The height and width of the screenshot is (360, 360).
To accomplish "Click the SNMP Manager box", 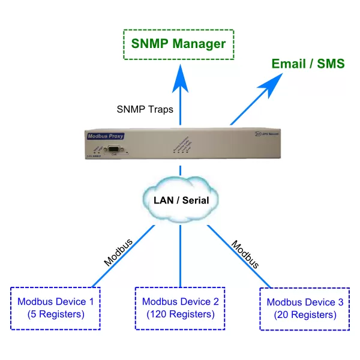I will [x=179, y=44].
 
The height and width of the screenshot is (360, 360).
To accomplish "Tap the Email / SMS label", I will [x=308, y=64].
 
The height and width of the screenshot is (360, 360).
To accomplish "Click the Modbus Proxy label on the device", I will [x=104, y=136].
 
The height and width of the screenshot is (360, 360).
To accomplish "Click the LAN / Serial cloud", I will [x=179, y=199].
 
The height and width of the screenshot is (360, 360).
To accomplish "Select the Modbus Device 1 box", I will [x=56, y=307].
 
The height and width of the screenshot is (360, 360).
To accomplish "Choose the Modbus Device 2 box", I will [x=181, y=307].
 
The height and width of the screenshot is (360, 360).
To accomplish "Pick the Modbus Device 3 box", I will [x=305, y=308].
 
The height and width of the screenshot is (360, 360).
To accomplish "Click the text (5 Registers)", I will [x=56, y=314].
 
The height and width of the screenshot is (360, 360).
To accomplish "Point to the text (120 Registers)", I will [x=181, y=314].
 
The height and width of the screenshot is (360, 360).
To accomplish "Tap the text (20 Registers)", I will [x=305, y=314].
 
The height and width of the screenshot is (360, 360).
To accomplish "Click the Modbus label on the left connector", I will [x=117, y=253].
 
